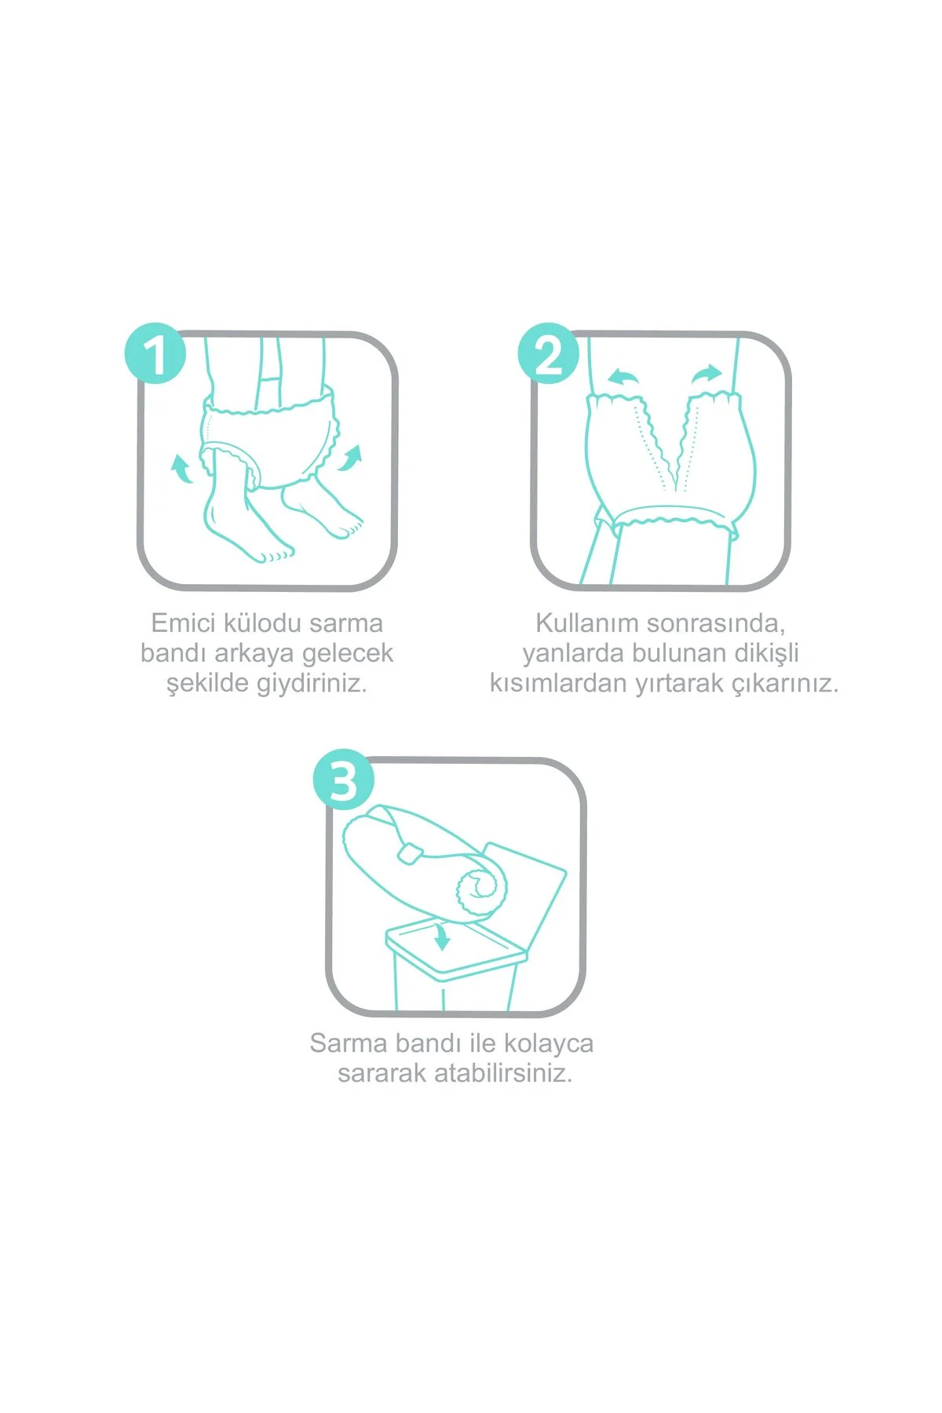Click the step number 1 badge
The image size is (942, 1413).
pyautogui.click(x=155, y=354)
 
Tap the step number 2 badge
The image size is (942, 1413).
pyautogui.click(x=548, y=354)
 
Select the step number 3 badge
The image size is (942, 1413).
pyautogui.click(x=344, y=780)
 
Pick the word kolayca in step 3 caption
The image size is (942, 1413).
pyautogui.click(x=549, y=1043)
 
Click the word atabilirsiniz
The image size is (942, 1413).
pyautogui.click(x=502, y=1073)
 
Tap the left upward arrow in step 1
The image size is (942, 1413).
pyautogui.click(x=182, y=469)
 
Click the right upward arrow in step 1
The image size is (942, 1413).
pyautogui.click(x=350, y=457)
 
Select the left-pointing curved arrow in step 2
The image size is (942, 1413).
pyautogui.click(x=624, y=377)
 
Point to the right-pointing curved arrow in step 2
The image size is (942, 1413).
pyautogui.click(x=706, y=374)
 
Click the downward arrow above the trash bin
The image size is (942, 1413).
pyautogui.click(x=442, y=937)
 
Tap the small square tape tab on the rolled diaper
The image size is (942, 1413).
pyautogui.click(x=408, y=853)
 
